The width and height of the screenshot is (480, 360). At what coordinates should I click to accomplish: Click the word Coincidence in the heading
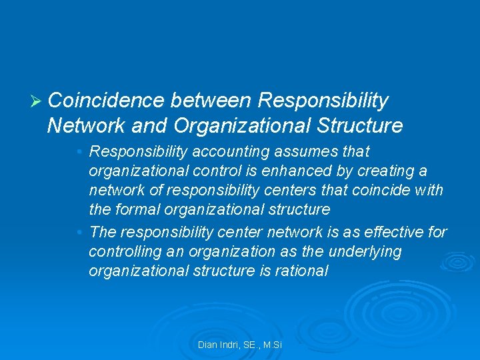(x=106, y=101)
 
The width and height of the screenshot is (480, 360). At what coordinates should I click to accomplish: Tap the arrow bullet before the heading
(x=37, y=101)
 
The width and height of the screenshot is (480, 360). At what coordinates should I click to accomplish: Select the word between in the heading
(x=211, y=101)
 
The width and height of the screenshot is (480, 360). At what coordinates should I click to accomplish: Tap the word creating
(x=392, y=171)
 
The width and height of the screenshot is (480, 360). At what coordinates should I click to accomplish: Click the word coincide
(x=385, y=190)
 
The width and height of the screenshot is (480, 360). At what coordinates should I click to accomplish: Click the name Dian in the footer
(x=207, y=345)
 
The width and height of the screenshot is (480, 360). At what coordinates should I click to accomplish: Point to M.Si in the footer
(x=273, y=345)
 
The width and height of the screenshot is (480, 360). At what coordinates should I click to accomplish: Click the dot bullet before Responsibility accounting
(x=80, y=152)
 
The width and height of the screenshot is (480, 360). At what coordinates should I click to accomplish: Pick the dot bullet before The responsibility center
(x=80, y=232)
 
